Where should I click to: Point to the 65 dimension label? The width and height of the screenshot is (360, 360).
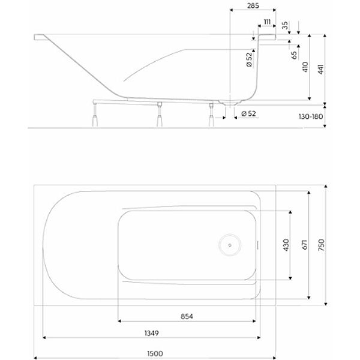click(x=295, y=55)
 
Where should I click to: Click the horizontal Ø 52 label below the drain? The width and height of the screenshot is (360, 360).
click(x=248, y=113)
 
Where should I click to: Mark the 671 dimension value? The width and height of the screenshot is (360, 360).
click(x=305, y=245)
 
